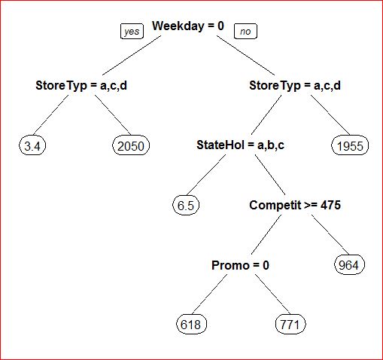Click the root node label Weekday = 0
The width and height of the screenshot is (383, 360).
click(x=188, y=26)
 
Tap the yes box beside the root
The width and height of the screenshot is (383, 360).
click(x=132, y=32)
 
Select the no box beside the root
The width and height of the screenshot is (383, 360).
click(x=245, y=32)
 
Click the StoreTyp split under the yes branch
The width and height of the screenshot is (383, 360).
click(x=81, y=86)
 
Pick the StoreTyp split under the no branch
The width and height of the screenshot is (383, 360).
click(x=295, y=86)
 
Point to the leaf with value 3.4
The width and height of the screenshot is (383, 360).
click(x=32, y=146)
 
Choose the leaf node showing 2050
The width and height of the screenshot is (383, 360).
click(x=131, y=146)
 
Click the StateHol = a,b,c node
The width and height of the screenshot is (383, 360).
click(x=240, y=145)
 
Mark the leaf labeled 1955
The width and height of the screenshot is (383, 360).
click(x=350, y=146)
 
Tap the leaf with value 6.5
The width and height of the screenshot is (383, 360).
click(x=186, y=206)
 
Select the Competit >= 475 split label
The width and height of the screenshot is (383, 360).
click(x=295, y=205)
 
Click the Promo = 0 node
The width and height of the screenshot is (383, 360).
click(x=240, y=265)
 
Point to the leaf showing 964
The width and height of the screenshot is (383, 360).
click(x=348, y=265)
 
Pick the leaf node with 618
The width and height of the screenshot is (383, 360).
click(x=191, y=325)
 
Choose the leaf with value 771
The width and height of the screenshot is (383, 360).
click(x=290, y=325)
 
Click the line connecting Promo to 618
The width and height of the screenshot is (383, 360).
click(x=210, y=294)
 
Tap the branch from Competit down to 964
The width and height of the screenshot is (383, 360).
click(x=330, y=234)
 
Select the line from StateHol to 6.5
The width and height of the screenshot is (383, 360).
click(x=206, y=175)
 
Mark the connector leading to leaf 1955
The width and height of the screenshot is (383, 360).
click(x=330, y=115)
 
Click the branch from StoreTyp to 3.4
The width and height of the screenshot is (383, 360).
click(x=51, y=114)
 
